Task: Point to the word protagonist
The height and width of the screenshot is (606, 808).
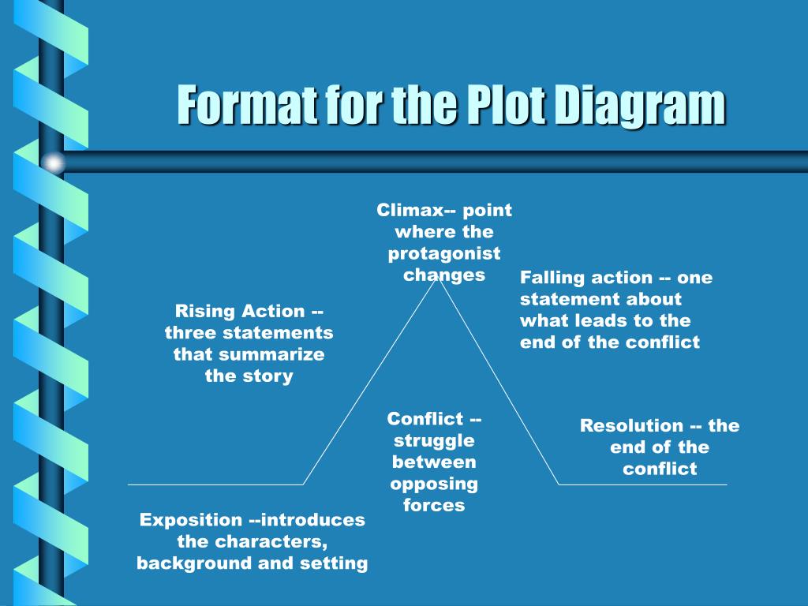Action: pyautogui.click(x=444, y=253)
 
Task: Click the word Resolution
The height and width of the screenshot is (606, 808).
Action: pyautogui.click(x=631, y=426)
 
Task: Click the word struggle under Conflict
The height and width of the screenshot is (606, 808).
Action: pyautogui.click(x=434, y=440)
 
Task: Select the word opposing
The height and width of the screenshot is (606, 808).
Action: pyautogui.click(x=434, y=483)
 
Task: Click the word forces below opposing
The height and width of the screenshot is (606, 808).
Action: pyautogui.click(x=434, y=505)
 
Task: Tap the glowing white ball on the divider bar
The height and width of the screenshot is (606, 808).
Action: pyautogui.click(x=54, y=163)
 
